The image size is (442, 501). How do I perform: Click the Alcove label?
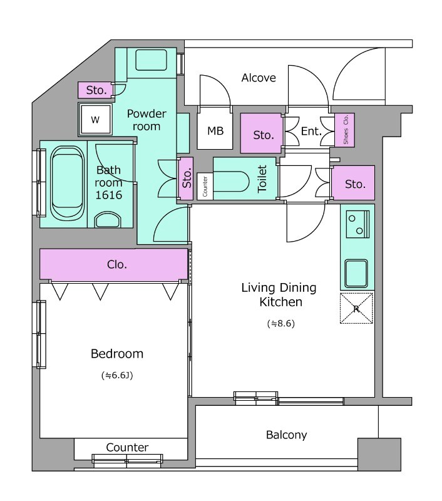259,78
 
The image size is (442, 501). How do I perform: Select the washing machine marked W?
96,120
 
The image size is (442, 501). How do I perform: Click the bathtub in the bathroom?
68,183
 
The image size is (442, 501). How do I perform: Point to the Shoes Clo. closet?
345,130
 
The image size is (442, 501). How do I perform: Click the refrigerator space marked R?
356,308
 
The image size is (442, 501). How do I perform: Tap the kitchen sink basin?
356,274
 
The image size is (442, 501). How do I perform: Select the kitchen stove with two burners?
357,224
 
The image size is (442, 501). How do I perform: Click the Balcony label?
287,435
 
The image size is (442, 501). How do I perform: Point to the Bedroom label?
117,354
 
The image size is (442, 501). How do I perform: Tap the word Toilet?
262,179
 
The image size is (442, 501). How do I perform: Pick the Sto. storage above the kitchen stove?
353,183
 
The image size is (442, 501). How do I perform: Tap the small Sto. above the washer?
95,90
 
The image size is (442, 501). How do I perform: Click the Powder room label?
146,120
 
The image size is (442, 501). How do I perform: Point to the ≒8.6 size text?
280,324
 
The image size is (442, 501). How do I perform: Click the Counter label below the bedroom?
127,447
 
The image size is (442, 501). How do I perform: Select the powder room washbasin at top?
151,59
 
